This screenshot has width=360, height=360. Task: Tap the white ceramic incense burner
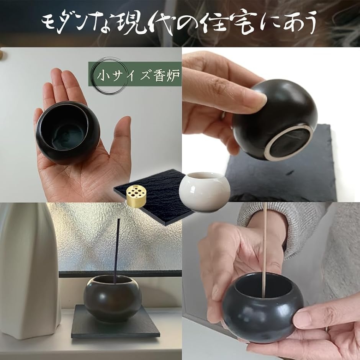[x=205, y=192]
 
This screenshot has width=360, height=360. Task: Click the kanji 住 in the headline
[x=215, y=23]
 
